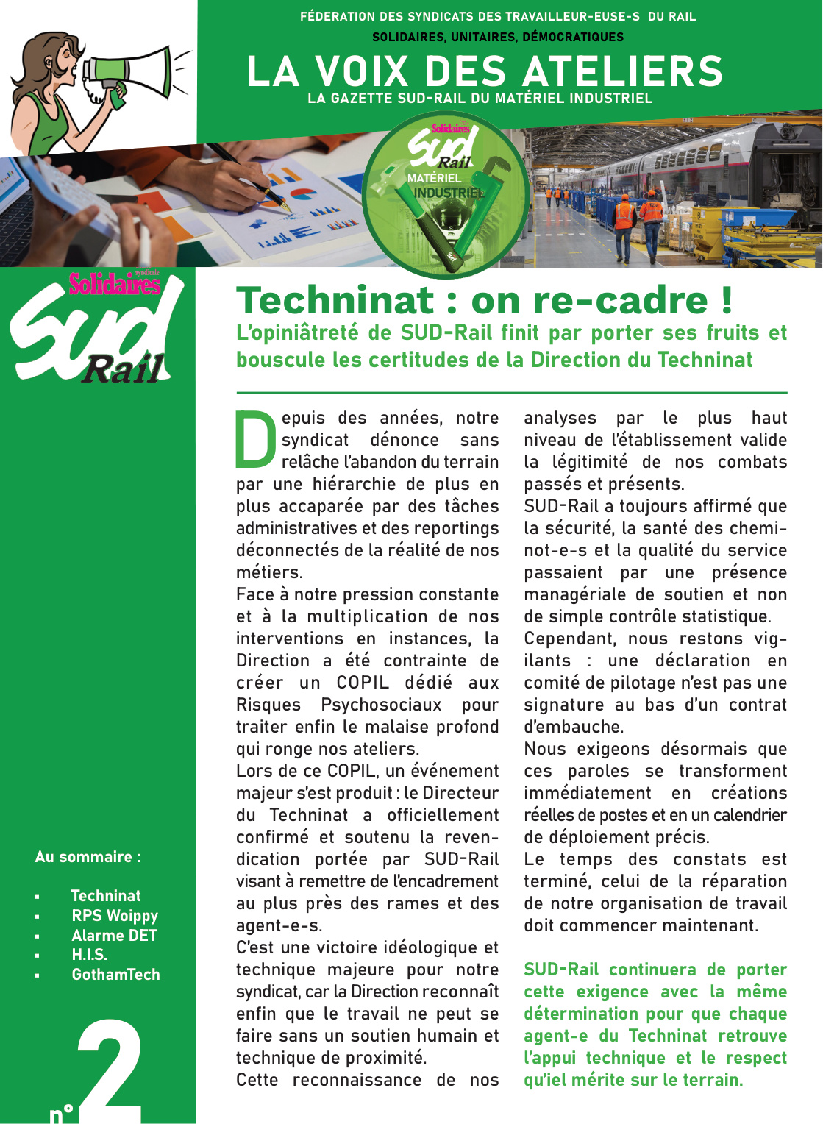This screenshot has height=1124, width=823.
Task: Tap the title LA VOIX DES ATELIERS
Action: pos(485,71)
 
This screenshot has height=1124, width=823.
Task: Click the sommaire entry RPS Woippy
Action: pos(115,916)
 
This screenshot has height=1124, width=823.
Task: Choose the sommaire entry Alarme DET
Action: pos(114,936)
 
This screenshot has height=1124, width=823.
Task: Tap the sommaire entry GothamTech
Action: pos(115,975)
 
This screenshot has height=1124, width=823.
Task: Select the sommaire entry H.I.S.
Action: pos(89,955)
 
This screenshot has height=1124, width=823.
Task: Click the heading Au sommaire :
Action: pos(88,857)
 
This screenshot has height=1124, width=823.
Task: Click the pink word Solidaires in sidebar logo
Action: pos(115,284)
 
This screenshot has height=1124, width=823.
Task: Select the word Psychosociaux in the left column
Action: pos(381,705)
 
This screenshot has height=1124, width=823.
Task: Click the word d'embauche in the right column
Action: pos(574,727)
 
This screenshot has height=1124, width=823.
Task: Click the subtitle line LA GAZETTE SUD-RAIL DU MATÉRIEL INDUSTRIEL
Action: pos(480,98)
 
